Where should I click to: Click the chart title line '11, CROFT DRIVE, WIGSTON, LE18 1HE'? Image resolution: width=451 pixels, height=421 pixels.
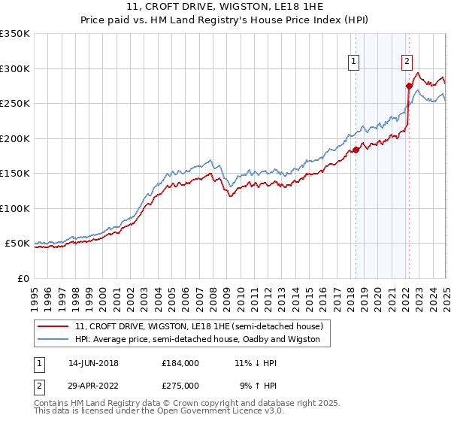point(225,8)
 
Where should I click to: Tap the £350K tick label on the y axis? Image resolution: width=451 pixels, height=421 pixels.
point(15,34)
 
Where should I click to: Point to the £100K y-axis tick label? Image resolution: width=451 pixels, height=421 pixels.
point(15,208)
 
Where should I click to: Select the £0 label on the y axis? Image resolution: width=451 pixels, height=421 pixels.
point(23,278)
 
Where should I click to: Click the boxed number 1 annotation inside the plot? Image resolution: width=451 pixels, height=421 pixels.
point(353,62)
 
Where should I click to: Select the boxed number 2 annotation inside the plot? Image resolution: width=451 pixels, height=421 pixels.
point(407,62)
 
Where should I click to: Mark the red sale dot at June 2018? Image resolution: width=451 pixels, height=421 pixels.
point(356,150)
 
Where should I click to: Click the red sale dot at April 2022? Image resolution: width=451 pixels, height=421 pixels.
point(409,86)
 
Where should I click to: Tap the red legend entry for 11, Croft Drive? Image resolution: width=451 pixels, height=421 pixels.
point(199,326)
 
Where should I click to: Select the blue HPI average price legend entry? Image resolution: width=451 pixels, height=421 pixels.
point(197,340)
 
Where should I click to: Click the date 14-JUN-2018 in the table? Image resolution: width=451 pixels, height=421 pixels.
point(93,363)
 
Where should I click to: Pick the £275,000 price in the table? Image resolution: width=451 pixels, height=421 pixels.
point(180,386)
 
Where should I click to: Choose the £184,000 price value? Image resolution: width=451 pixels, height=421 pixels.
point(180,363)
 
